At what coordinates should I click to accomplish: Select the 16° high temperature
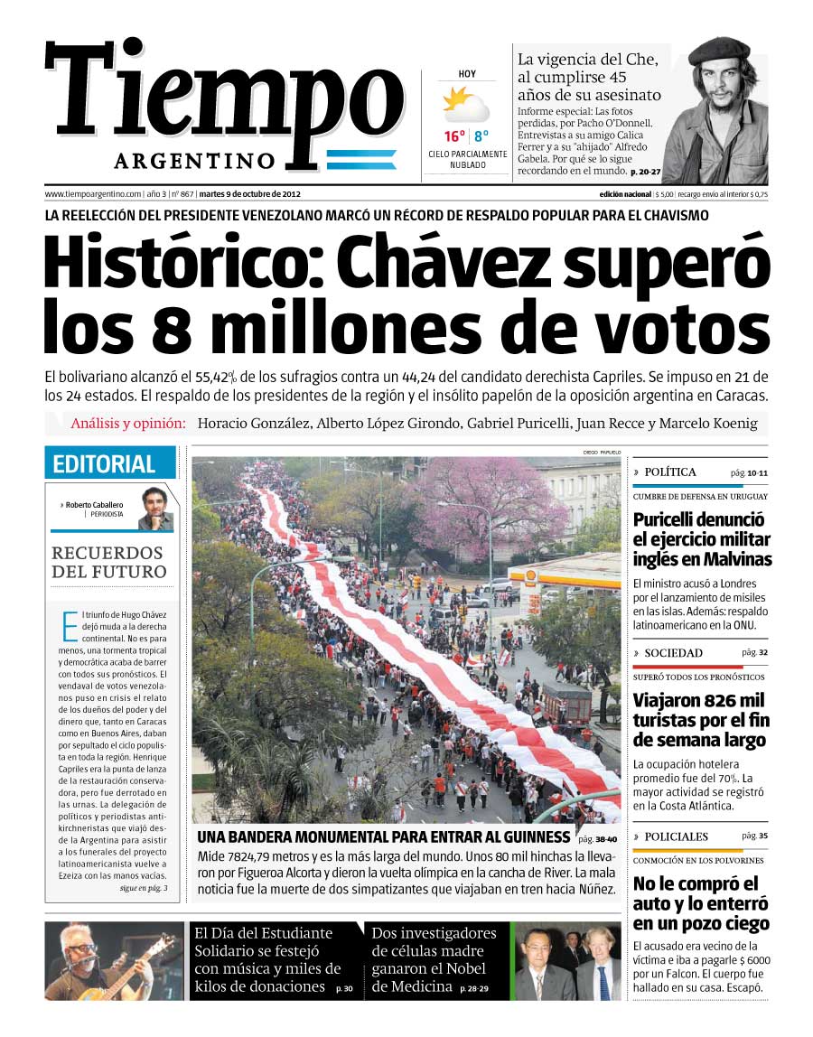pos(454,137)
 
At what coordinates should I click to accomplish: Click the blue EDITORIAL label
pos(104,464)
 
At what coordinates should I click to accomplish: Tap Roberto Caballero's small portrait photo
pos(155,509)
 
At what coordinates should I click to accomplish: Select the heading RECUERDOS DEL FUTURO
pos(108,562)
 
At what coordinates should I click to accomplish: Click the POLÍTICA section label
pos(670,472)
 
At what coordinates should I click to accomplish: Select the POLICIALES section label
pos(677,836)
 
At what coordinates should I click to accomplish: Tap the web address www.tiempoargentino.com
pos(93,194)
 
